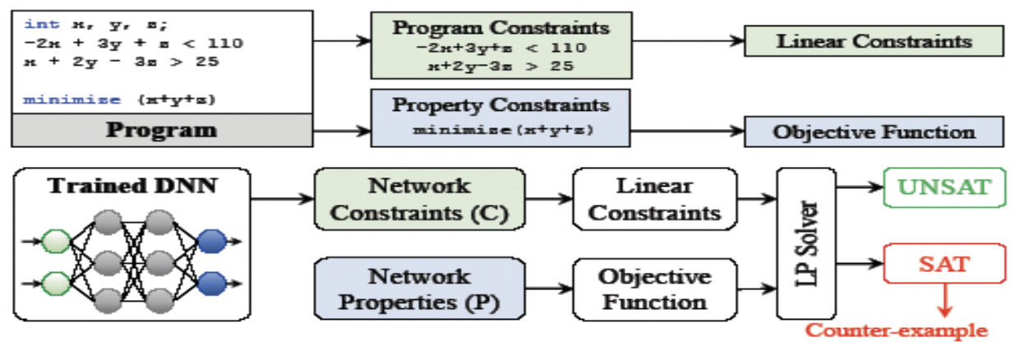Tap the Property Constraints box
pos(501,117)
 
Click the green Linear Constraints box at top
pos(874,40)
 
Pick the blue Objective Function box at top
pos(874,132)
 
